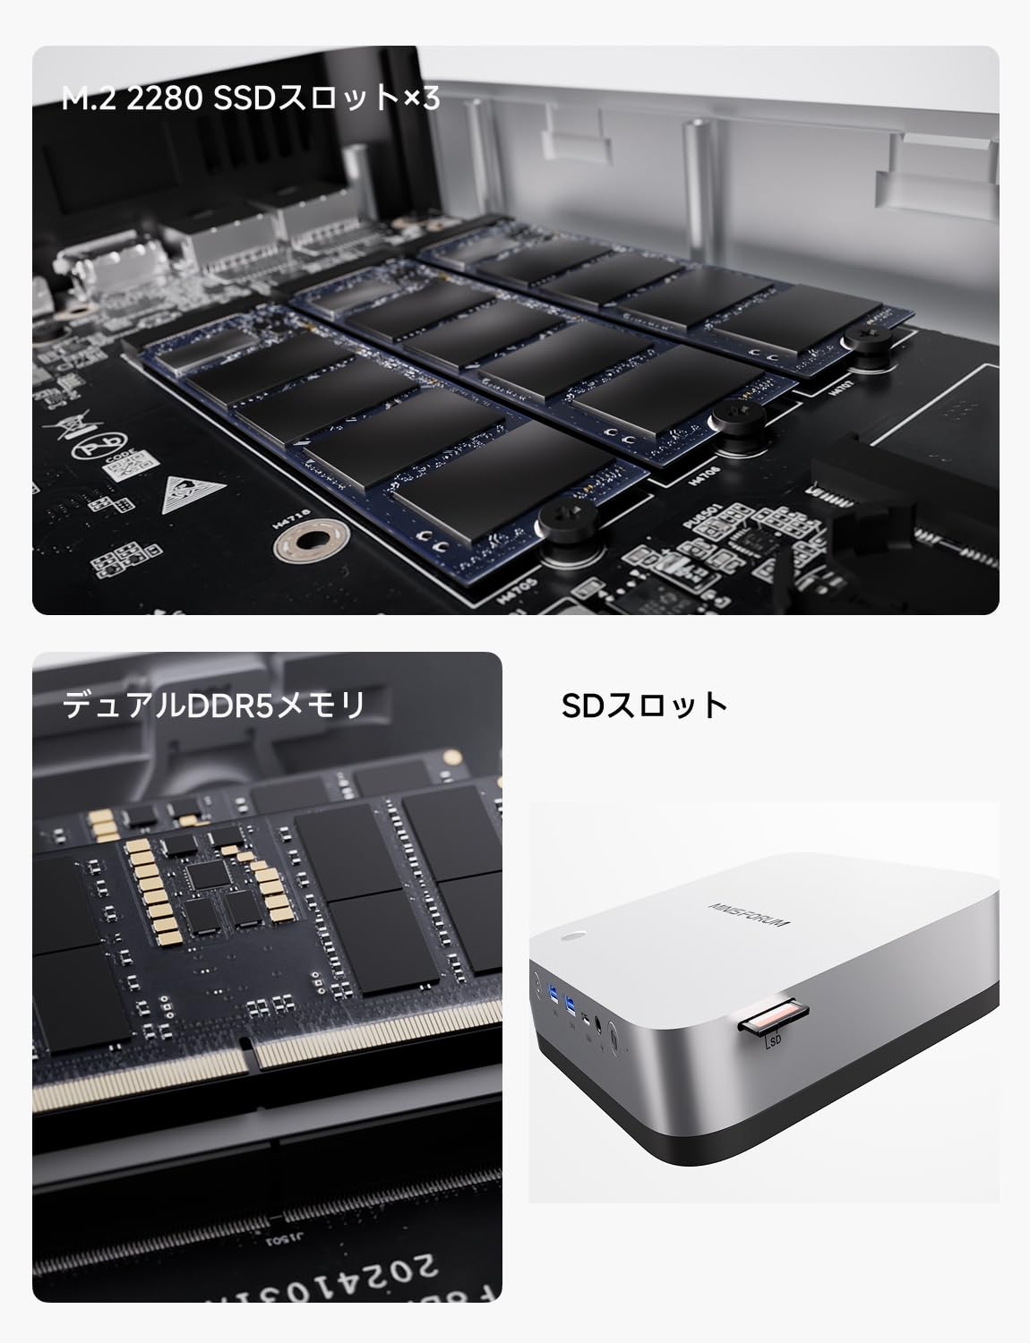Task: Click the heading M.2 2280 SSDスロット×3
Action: (251, 98)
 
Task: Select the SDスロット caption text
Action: (644, 705)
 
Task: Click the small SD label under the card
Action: (772, 1041)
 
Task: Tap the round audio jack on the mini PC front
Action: (598, 1022)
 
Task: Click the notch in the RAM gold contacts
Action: (251, 1055)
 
